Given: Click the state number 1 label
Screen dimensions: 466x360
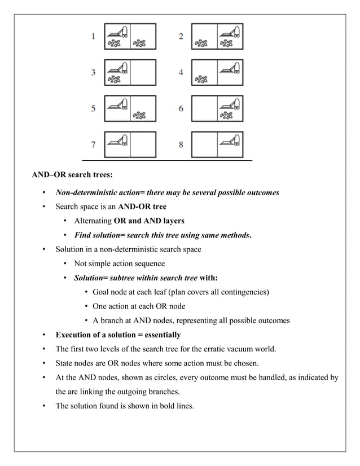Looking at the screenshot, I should [x=93, y=37].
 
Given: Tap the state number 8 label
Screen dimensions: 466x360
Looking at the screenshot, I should [x=181, y=144].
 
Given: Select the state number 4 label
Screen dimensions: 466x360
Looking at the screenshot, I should [x=181, y=73].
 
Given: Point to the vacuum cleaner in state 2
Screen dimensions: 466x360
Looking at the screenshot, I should [x=230, y=32].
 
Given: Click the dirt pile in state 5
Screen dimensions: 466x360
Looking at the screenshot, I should [x=139, y=116].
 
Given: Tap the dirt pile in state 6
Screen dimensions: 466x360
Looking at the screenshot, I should [x=226, y=116].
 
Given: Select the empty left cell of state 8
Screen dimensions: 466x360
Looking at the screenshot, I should [x=205, y=144].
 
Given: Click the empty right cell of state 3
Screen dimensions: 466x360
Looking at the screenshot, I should [x=143, y=73].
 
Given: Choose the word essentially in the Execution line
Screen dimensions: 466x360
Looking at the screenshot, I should [x=159, y=335].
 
